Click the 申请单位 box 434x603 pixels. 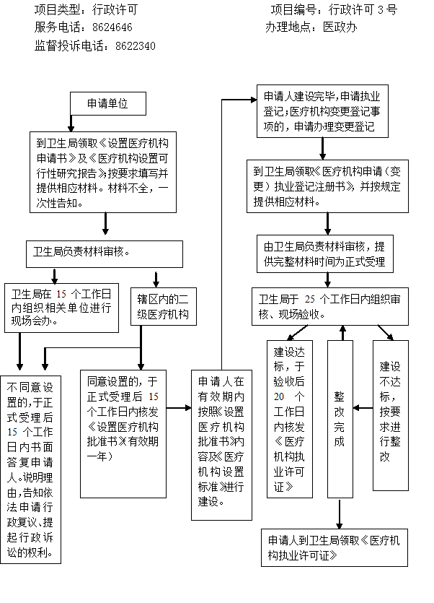click(x=107, y=103)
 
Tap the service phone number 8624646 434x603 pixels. click(x=112, y=27)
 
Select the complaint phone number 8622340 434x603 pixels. click(x=135, y=45)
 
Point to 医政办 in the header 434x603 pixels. click(x=340, y=27)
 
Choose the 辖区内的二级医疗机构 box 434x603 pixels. click(x=162, y=306)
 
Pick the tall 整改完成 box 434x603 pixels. click(x=340, y=419)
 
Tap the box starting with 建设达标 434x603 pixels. click(x=289, y=419)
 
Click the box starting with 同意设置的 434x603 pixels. click(x=130, y=418)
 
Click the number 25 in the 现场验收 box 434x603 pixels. click(x=310, y=299)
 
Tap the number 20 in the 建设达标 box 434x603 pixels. click(x=279, y=396)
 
